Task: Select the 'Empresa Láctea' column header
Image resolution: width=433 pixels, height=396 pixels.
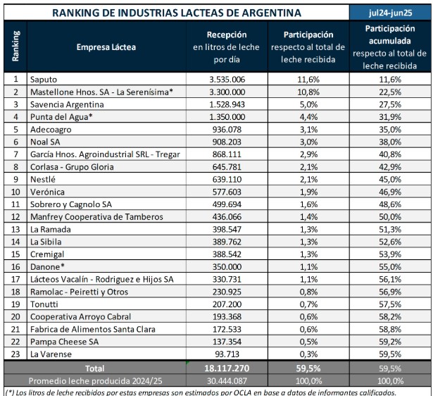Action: click(106, 47)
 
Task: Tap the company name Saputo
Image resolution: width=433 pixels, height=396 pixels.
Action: click(44, 80)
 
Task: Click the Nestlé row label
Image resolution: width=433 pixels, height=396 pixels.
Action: click(44, 179)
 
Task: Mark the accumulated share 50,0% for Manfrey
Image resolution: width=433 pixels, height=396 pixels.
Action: click(389, 216)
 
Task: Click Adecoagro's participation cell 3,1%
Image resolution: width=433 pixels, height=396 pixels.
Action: click(308, 130)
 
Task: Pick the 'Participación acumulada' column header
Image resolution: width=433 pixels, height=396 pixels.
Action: click(389, 35)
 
